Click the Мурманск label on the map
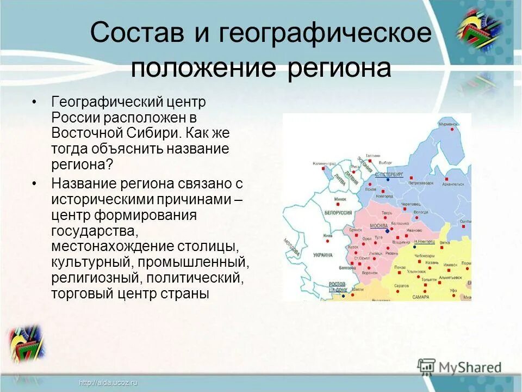[449, 125]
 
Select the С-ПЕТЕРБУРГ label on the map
[389, 174]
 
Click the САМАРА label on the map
[420, 297]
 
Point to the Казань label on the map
[432, 262]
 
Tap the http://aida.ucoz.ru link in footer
[108, 383]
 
